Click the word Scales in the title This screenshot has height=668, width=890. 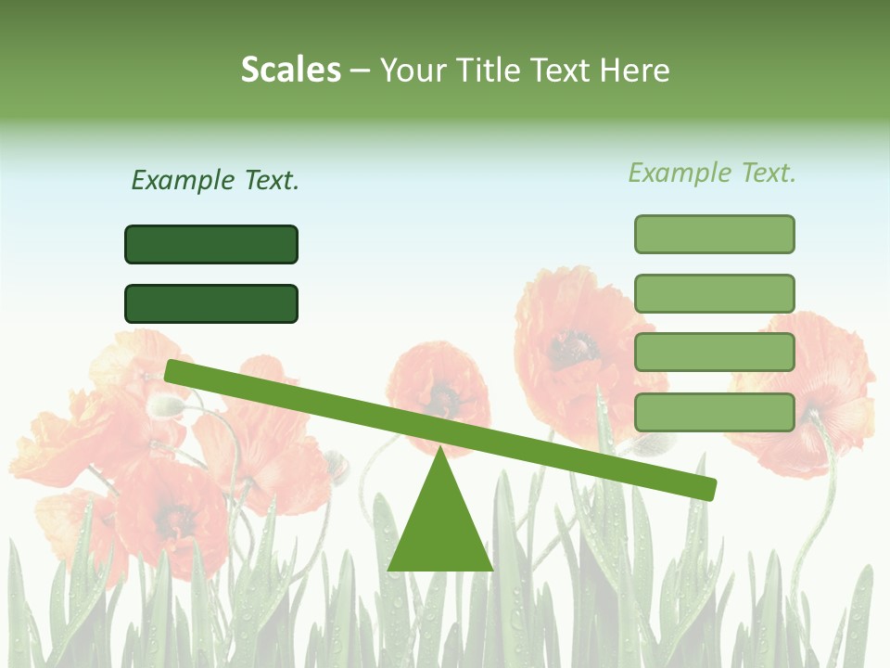[290, 70]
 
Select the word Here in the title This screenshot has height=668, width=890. [635, 70]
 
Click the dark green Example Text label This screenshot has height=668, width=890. [215, 180]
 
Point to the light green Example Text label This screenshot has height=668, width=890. [712, 173]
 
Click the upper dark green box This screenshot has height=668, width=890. [211, 244]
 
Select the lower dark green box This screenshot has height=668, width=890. [211, 303]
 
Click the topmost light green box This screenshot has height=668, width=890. [714, 234]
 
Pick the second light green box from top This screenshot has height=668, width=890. [714, 293]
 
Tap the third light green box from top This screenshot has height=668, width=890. [714, 353]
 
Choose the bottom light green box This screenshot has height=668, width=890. [714, 412]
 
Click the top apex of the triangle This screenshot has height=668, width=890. [440, 451]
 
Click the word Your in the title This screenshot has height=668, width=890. [412, 70]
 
